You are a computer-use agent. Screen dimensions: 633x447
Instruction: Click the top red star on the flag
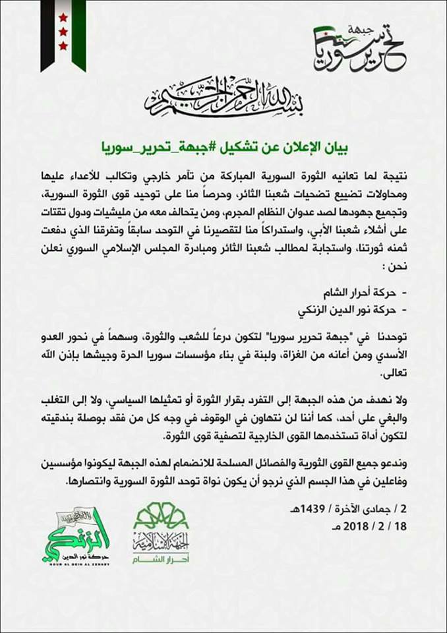coord(63,16)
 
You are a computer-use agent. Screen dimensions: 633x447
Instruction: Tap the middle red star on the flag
coord(63,31)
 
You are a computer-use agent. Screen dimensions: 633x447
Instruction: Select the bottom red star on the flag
coord(63,45)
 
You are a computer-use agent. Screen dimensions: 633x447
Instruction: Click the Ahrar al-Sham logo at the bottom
coord(160,537)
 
